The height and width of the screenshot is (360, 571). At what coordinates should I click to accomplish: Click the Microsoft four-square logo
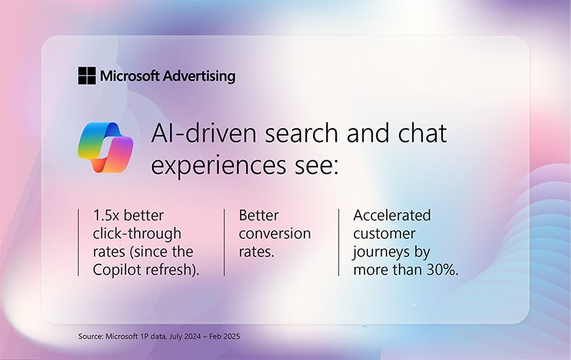tap(87, 75)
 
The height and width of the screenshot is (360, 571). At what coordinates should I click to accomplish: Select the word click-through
tap(137, 234)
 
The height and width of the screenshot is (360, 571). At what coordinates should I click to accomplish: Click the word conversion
tap(274, 234)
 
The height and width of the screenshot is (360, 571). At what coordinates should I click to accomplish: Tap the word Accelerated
tap(392, 215)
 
